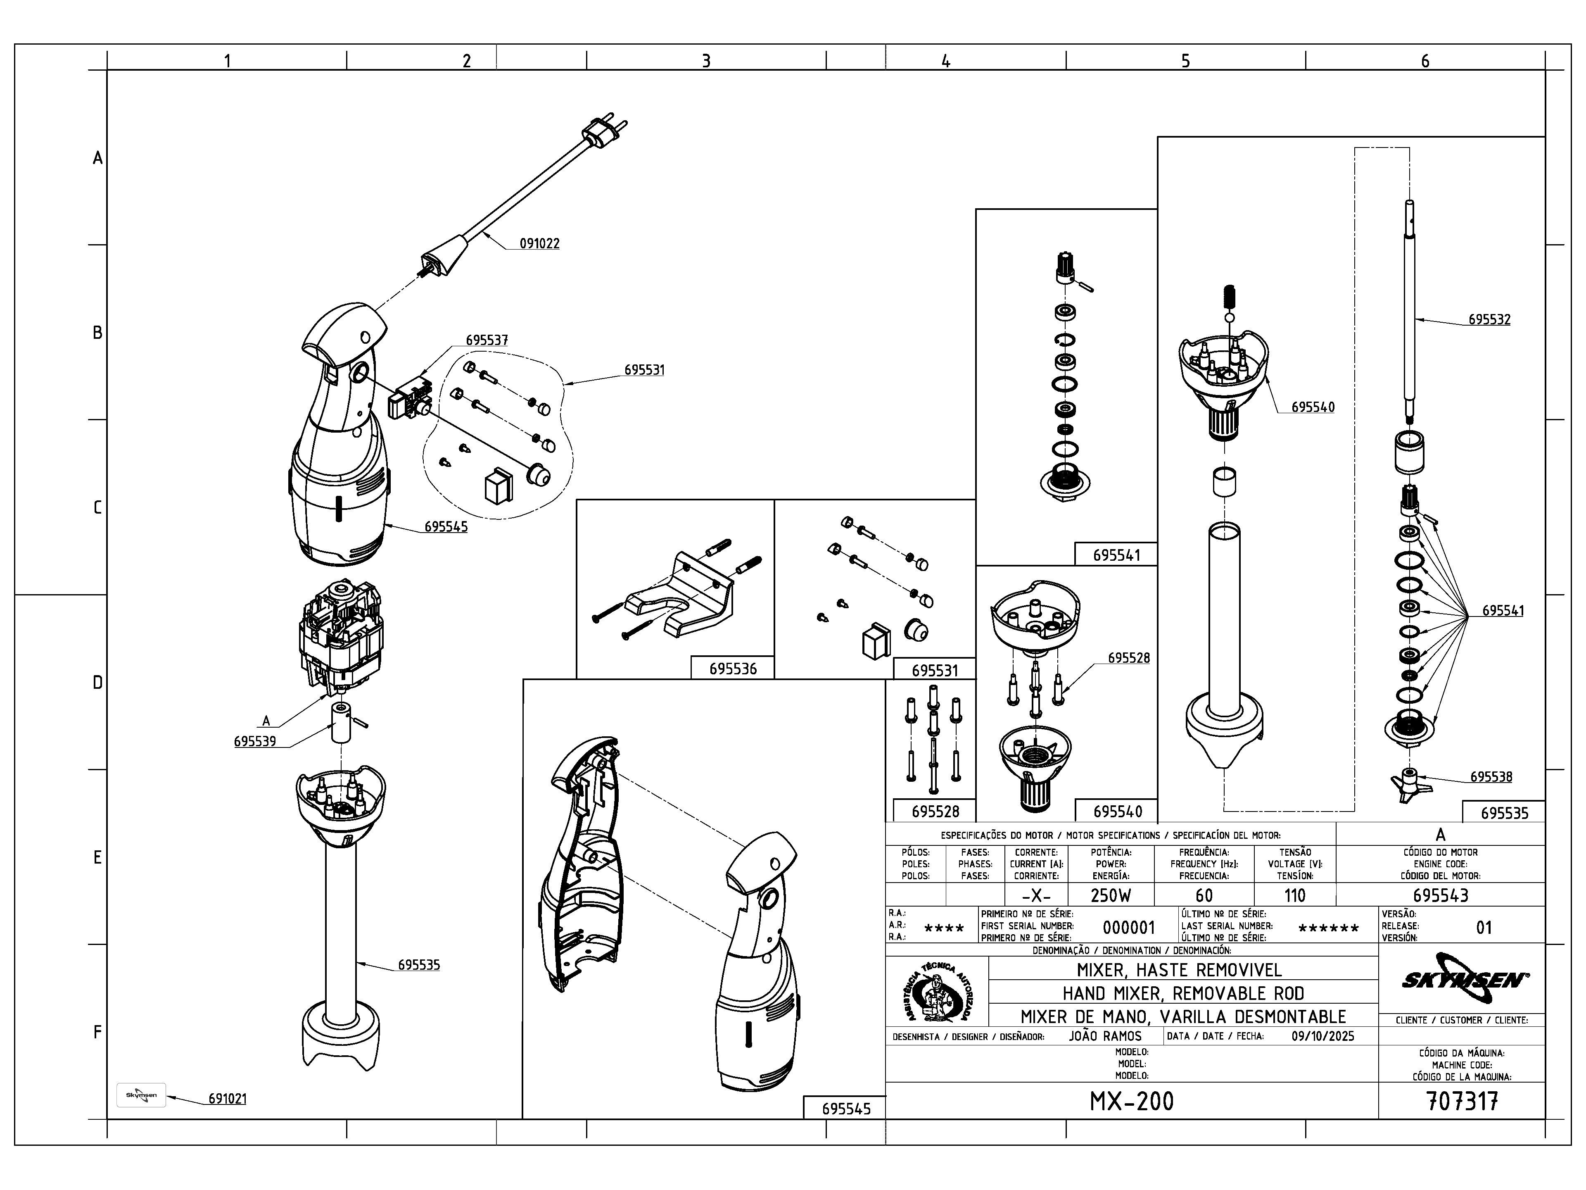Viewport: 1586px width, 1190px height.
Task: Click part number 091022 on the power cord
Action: pyautogui.click(x=539, y=244)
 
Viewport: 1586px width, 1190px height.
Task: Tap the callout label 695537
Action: pyautogui.click(x=487, y=340)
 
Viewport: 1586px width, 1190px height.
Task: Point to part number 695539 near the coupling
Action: pyautogui.click(x=254, y=741)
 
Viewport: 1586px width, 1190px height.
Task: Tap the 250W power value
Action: pyautogui.click(x=1111, y=895)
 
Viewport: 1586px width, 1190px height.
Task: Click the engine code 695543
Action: pyautogui.click(x=1441, y=895)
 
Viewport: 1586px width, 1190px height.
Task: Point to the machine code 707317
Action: pyautogui.click(x=1462, y=1101)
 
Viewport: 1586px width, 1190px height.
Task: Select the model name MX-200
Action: pyautogui.click(x=1131, y=1101)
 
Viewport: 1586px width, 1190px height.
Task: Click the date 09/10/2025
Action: pyautogui.click(x=1323, y=1036)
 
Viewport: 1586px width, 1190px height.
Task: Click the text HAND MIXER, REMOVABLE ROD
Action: pyautogui.click(x=1182, y=993)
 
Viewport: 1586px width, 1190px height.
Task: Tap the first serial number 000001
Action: pyautogui.click(x=1128, y=928)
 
